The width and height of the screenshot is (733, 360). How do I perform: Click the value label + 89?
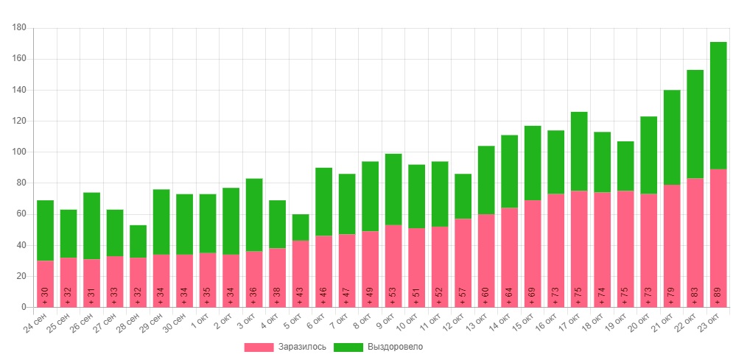point(718,294)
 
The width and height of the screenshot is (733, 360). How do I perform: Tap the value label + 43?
point(301,294)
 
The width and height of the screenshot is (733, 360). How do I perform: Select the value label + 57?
point(463,294)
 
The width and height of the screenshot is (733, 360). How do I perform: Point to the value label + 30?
point(45,294)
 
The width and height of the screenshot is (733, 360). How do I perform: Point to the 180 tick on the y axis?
point(20,28)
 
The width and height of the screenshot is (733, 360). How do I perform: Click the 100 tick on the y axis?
point(20,152)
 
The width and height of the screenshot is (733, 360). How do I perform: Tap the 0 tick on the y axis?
point(24,307)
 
